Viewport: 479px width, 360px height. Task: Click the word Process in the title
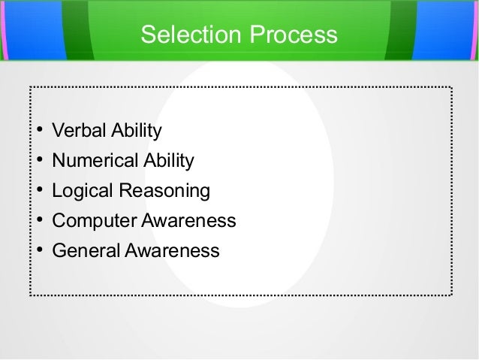coord(288,35)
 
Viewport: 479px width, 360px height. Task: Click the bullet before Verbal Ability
coord(38,133)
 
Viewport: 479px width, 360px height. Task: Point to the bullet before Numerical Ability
coord(38,162)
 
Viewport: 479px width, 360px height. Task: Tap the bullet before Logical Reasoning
coord(38,192)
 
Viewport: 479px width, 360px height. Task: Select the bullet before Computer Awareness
coord(38,221)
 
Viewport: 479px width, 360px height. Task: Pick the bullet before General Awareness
coord(38,250)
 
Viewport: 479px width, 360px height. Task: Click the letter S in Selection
coord(148,35)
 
